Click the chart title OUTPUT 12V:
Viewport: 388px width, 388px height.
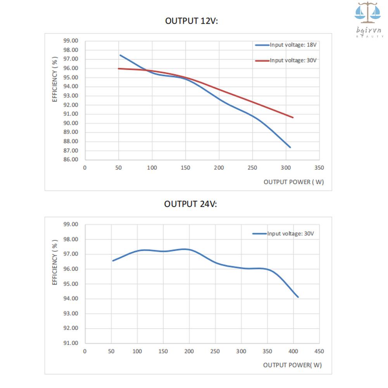tap(191, 21)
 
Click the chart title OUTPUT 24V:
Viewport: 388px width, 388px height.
tap(190, 204)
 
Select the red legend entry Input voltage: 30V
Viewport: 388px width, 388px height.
tap(293, 60)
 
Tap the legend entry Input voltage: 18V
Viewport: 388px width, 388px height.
tap(293, 45)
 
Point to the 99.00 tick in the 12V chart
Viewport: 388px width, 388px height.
tap(70, 41)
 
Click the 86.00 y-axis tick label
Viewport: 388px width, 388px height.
tap(70, 160)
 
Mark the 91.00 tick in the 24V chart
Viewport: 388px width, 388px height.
tap(70, 343)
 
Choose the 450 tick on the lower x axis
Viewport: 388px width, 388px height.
tap(319, 352)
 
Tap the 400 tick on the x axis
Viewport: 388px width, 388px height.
tap(293, 352)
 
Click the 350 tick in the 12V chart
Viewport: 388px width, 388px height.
tap(319, 168)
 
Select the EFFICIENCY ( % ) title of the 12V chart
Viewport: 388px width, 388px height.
tap(55, 79)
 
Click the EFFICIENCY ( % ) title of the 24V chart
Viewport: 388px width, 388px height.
tap(55, 262)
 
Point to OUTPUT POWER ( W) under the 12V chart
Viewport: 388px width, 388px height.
tap(293, 182)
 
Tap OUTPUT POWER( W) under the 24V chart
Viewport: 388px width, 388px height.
tap(292, 365)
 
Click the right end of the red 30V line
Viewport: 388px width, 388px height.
tap(293, 117)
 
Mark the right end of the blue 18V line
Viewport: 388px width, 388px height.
tap(290, 147)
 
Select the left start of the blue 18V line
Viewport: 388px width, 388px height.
tap(120, 55)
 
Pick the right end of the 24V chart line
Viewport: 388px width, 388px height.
tap(298, 297)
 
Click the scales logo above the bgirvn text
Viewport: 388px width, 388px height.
tap(368, 13)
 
